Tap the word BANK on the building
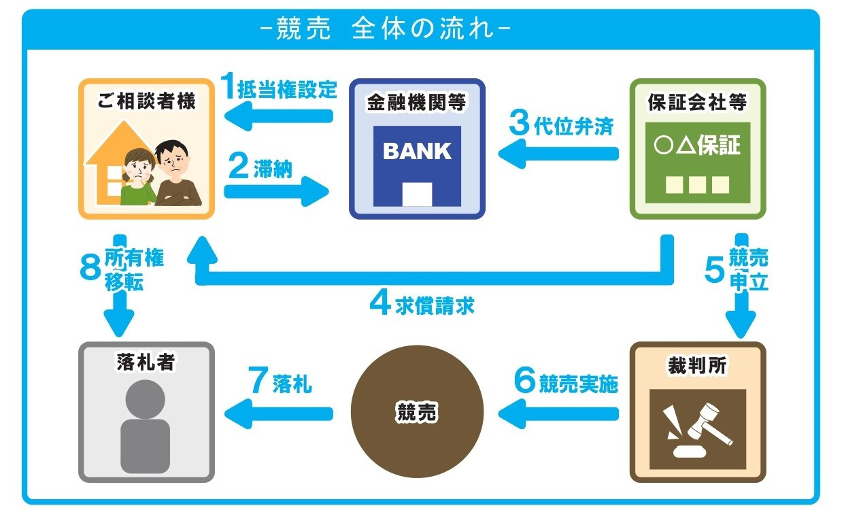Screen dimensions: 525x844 (417, 151)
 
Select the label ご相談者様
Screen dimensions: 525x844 (146, 102)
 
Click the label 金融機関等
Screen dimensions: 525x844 (417, 103)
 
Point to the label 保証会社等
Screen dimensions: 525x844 (698, 102)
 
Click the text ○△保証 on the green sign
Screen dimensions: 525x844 (698, 146)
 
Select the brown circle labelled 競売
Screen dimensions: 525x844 (417, 412)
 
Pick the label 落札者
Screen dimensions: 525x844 (146, 362)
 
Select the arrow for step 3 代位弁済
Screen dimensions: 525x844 (558, 154)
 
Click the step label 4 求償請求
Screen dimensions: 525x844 (422, 304)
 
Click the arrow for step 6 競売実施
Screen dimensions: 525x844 (558, 412)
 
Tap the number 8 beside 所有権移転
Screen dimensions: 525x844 (90, 268)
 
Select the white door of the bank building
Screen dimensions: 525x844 (417, 194)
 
